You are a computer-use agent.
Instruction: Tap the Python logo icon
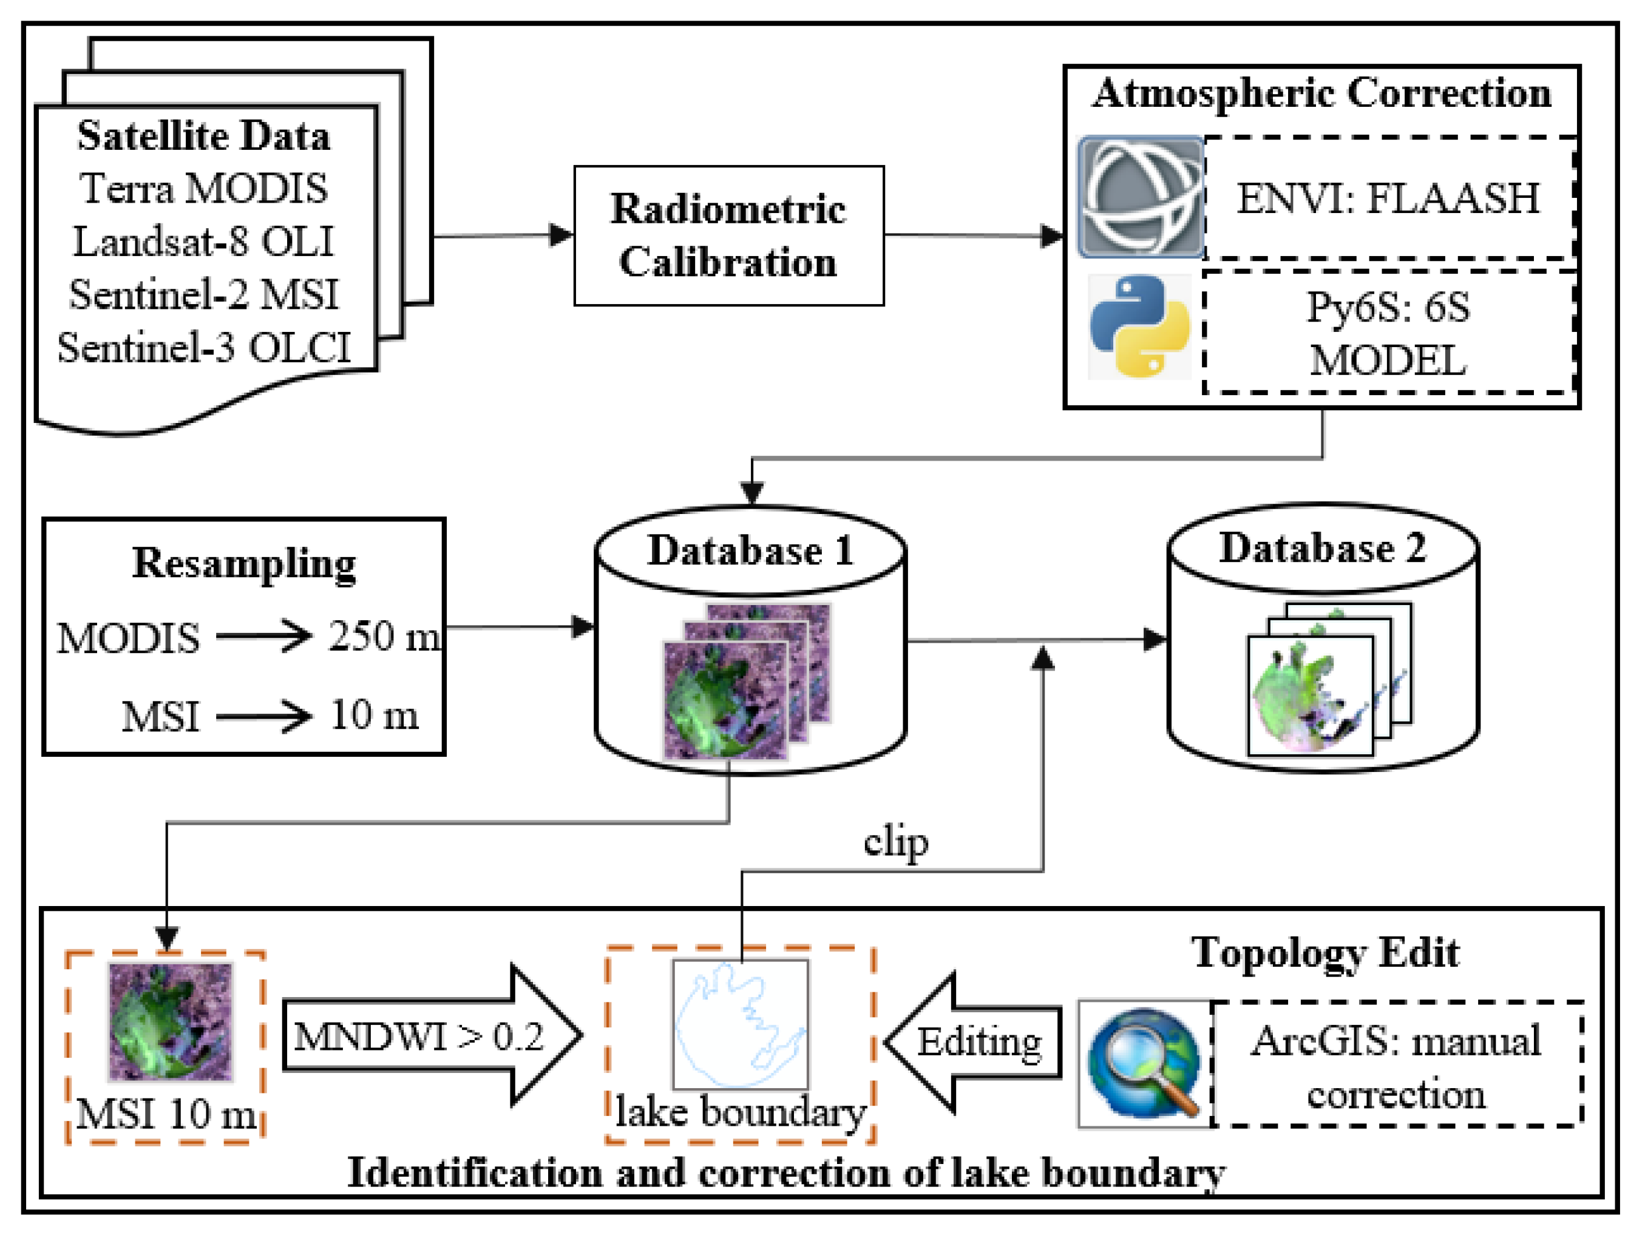(x=1139, y=326)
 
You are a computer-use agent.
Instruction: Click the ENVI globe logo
(x=1141, y=197)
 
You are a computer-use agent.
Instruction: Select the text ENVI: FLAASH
(x=1388, y=198)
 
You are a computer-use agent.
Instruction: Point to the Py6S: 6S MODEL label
(x=1388, y=333)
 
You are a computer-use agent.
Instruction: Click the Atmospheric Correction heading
(x=1321, y=93)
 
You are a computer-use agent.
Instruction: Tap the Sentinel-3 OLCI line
(x=204, y=347)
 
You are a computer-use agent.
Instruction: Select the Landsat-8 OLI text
(x=204, y=241)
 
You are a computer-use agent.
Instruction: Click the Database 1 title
(x=750, y=550)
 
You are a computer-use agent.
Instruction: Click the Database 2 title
(x=1321, y=548)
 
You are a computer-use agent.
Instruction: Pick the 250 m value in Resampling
(x=384, y=637)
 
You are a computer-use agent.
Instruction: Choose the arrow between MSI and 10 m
(x=263, y=717)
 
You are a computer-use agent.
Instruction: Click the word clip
(x=895, y=842)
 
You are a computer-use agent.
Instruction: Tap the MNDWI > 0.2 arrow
(x=432, y=1036)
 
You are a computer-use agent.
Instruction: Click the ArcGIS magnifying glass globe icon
(x=1144, y=1063)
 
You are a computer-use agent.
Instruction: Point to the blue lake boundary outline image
(x=740, y=1024)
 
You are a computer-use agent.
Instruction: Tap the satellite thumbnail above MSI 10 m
(x=171, y=1021)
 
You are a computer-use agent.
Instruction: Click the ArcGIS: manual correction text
(x=1396, y=1067)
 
